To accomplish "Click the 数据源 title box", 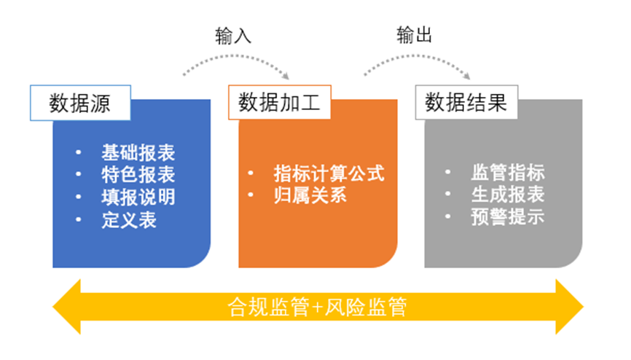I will [79, 103].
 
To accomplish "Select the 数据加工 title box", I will [279, 103].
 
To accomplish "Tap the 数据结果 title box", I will [466, 103].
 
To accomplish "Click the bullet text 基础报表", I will [138, 153].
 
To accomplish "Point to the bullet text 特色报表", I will [138, 175].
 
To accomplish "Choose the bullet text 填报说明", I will [138, 197].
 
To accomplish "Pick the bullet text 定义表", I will [129, 219].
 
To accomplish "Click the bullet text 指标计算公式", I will [329, 173].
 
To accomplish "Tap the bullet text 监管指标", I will [508, 173].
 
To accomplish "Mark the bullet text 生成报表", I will [508, 195].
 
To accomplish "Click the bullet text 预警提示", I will [508, 217].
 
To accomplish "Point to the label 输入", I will [233, 36].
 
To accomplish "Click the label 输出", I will [415, 36].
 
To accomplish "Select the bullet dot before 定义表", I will [79, 219].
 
